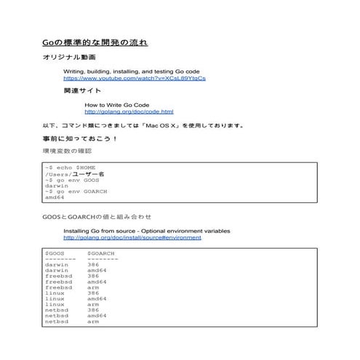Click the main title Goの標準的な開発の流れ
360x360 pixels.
tap(95, 43)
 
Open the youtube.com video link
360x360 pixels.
tap(135, 77)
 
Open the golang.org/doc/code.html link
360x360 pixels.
tap(129, 111)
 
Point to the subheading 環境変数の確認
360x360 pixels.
tap(68, 151)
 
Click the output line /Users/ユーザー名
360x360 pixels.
tap(75, 174)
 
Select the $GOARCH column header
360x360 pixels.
tap(101, 253)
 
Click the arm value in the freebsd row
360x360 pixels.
tap(93, 287)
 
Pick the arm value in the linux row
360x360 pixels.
tap(93, 304)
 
